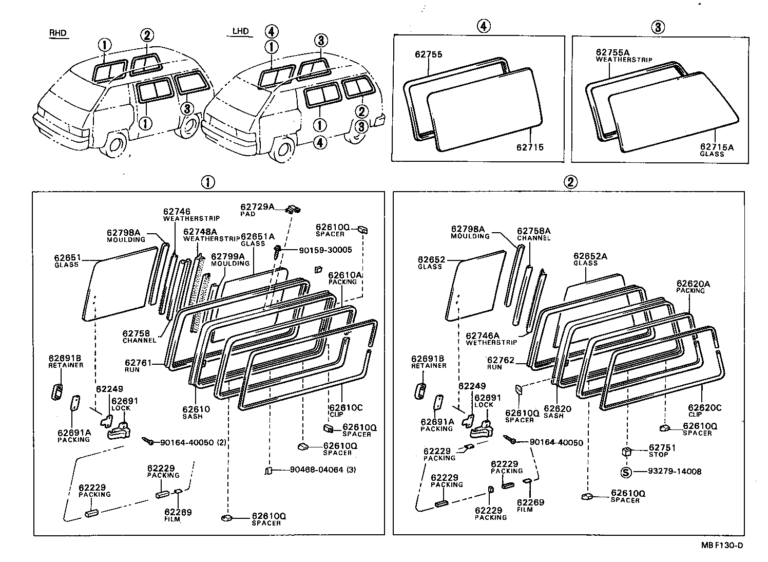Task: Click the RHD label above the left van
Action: point(57,33)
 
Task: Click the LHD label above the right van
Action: point(240,31)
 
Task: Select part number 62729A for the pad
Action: point(257,207)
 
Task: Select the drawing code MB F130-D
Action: point(722,545)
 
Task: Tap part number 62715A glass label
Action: point(717,147)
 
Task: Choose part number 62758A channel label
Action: point(533,231)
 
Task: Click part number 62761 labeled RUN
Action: point(138,363)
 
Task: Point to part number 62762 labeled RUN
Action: point(501,361)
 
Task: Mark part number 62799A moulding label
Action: point(227,256)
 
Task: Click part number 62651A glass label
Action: point(257,236)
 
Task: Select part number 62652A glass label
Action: point(590,256)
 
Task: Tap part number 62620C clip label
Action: point(704,408)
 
